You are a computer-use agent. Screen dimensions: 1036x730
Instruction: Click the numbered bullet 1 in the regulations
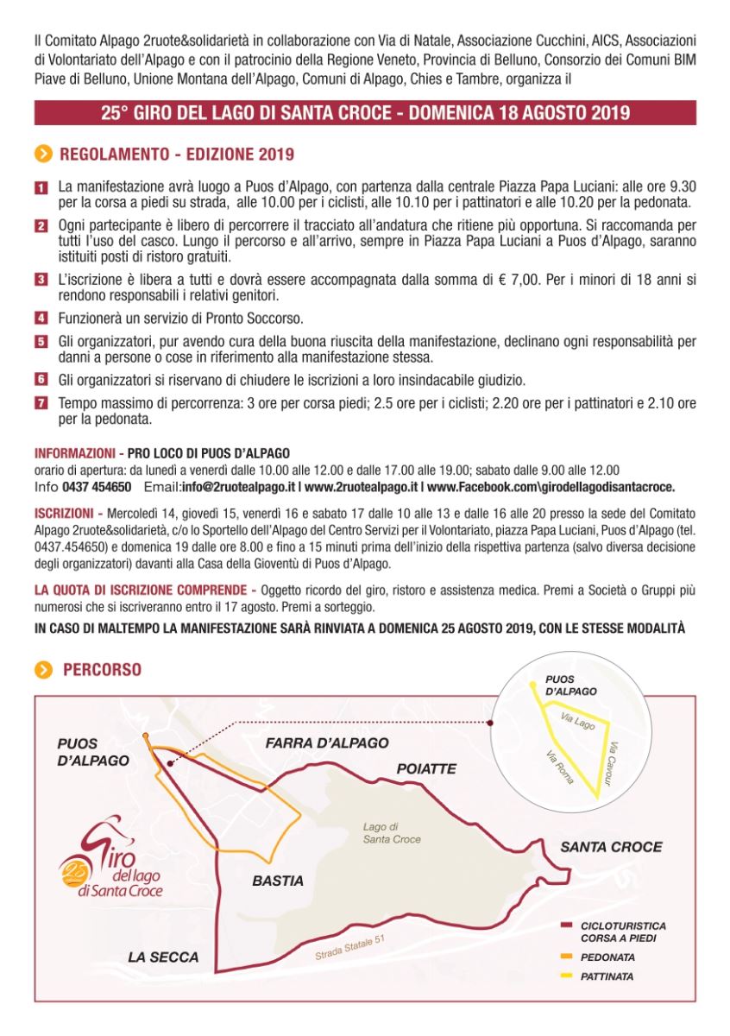[41, 186]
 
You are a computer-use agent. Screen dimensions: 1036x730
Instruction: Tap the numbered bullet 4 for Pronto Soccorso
[41, 318]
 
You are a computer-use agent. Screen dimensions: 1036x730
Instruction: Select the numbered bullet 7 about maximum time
[41, 403]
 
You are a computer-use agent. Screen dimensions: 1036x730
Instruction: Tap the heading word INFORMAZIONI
[74, 453]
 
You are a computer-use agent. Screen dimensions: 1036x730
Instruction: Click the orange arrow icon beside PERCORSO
[43, 670]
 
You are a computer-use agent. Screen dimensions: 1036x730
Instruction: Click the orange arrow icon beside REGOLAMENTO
[43, 155]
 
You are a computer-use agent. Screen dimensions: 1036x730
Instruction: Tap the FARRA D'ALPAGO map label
[326, 742]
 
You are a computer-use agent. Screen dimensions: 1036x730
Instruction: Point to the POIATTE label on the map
[426, 768]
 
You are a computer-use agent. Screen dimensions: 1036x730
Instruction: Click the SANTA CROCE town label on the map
[611, 847]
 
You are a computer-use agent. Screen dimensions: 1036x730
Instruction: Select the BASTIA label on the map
[278, 881]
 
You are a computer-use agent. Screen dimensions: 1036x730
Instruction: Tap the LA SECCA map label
[163, 957]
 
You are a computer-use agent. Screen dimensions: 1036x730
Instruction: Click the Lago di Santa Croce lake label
[392, 833]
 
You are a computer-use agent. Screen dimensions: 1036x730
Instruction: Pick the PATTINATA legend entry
[607, 976]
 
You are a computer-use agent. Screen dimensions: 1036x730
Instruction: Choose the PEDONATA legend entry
[607, 957]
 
